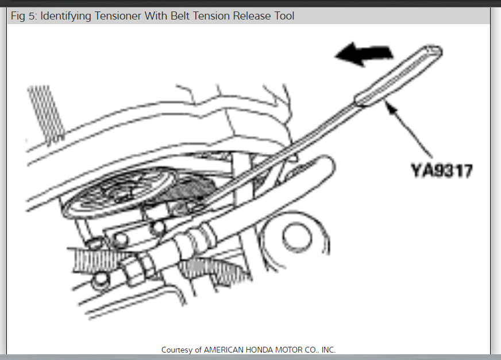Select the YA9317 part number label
coord(441,171)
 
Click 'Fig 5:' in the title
coord(24,16)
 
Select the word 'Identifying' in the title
coord(67,16)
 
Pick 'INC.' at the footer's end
coord(327,350)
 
